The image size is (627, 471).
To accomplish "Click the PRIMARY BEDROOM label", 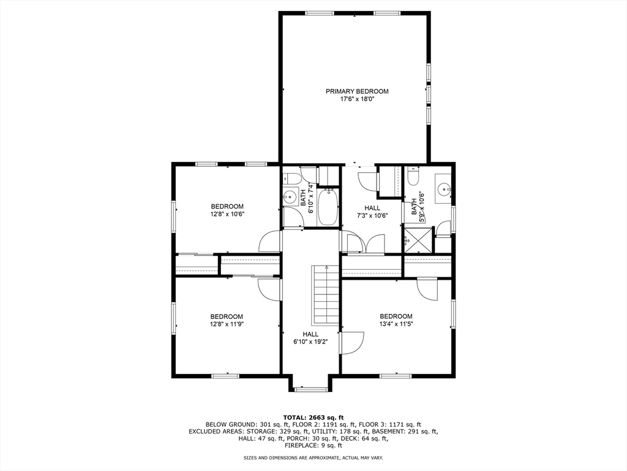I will click(x=356, y=91).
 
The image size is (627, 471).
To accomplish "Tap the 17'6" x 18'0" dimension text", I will click(x=356, y=99).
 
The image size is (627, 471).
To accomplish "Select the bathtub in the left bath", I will click(x=328, y=207).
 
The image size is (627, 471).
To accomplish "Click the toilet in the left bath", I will click(x=292, y=178).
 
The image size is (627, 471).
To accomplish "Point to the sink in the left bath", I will click(x=289, y=197).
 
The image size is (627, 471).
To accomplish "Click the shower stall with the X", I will click(x=417, y=240).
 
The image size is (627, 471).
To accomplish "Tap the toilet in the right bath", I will click(x=413, y=177).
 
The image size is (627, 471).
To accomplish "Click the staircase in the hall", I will click(x=326, y=293).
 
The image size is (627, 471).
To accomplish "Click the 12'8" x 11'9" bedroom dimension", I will click(x=227, y=324).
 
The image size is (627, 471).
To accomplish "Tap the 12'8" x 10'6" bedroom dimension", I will click(x=227, y=214).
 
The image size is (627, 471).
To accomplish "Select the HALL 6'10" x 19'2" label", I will click(x=310, y=338).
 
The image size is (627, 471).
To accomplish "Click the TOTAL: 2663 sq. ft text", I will click(x=313, y=417).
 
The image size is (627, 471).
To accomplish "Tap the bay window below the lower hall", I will click(x=311, y=388).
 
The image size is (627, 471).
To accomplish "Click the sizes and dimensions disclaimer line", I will click(x=313, y=458).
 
